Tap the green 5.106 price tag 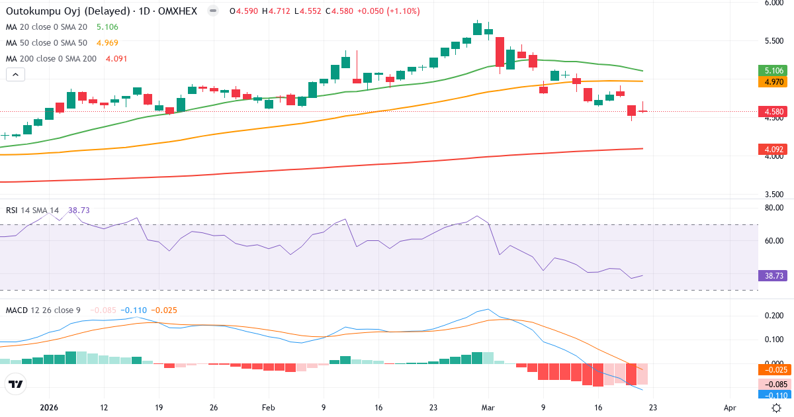[x=772, y=71]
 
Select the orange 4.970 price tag [x=772, y=81]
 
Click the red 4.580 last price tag [x=772, y=111]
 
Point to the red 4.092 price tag [x=772, y=150]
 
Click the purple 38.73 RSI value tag [x=772, y=275]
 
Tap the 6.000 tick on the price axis [x=773, y=3]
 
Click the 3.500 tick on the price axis [x=773, y=195]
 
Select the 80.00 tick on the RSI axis [x=773, y=208]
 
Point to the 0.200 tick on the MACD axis [x=773, y=316]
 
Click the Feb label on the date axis [x=268, y=408]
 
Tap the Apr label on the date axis [x=730, y=408]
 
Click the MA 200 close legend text [x=51, y=59]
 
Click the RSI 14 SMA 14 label [x=33, y=210]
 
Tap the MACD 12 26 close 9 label [x=44, y=310]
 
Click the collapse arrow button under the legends [x=15, y=75]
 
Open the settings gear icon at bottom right [x=776, y=408]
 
